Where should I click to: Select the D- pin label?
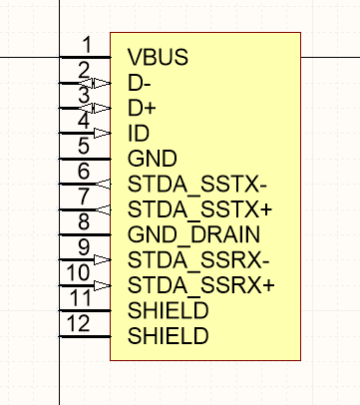pyautogui.click(x=140, y=82)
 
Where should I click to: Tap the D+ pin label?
pyautogui.click(x=141, y=107)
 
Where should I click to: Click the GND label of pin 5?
pyautogui.click(x=153, y=159)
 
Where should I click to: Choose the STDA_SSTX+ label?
pyautogui.click(x=200, y=209)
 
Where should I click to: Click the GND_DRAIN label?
pyautogui.click(x=194, y=235)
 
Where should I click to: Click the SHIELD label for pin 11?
pyautogui.click(x=169, y=311)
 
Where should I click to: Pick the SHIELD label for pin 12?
pyautogui.click(x=169, y=337)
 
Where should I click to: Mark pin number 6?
pyautogui.click(x=86, y=172)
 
